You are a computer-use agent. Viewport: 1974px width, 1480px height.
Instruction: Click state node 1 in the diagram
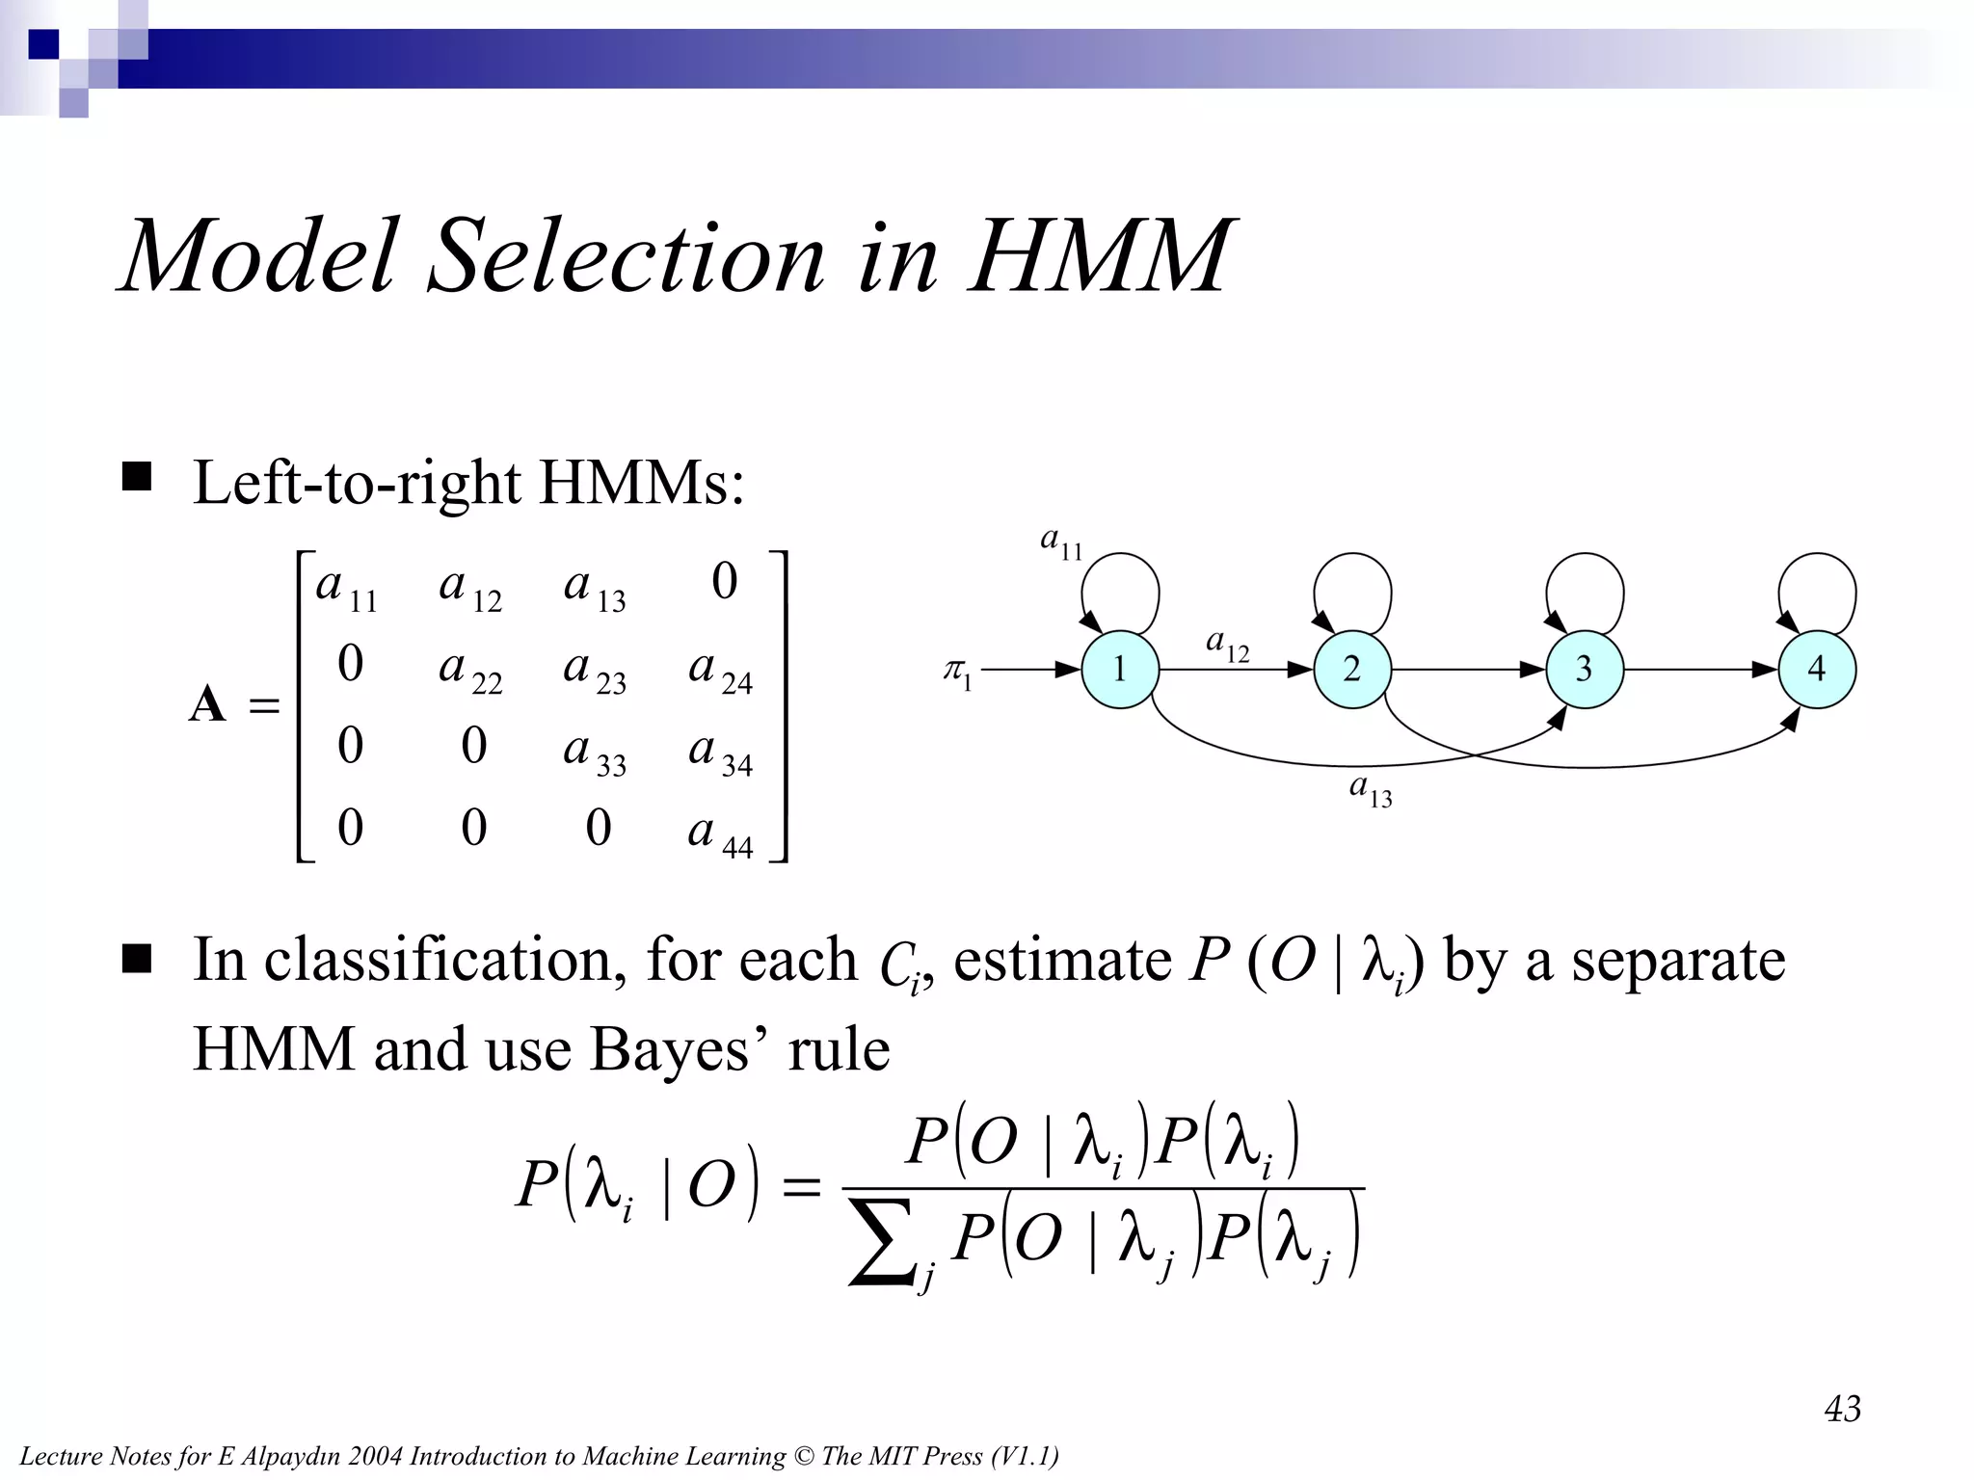point(1119,669)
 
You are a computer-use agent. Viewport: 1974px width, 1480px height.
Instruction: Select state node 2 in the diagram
point(1351,669)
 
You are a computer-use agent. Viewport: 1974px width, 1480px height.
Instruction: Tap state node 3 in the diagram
point(1584,669)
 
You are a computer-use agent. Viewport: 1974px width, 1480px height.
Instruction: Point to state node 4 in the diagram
point(1817,669)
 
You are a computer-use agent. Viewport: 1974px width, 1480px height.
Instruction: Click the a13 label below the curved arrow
point(1371,791)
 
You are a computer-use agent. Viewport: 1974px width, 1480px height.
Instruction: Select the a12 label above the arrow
point(1227,645)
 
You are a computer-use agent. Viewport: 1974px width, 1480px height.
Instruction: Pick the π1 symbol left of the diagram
point(958,672)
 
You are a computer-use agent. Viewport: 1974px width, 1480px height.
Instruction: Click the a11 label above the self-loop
point(1061,542)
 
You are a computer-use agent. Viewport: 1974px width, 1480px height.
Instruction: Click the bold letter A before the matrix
point(207,704)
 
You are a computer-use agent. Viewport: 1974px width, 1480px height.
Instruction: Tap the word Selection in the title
point(627,256)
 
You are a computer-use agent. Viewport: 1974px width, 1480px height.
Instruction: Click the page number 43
point(1842,1409)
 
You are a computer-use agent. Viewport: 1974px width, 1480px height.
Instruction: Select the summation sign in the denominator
point(881,1243)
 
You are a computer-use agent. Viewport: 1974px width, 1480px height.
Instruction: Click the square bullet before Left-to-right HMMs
point(137,477)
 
